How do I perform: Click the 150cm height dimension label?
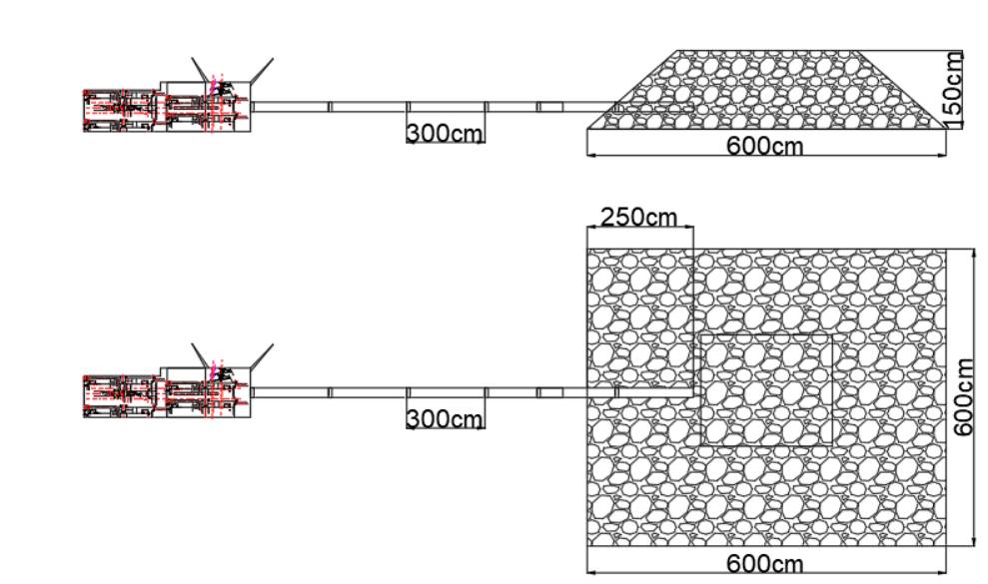[x=954, y=88]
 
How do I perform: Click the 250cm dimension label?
[x=639, y=217]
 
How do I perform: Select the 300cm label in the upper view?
[x=445, y=133]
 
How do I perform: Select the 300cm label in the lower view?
[x=445, y=418]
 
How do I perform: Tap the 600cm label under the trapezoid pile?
[x=765, y=146]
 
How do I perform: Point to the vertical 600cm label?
[x=963, y=396]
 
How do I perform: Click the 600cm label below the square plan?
[x=765, y=564]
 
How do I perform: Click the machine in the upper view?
[x=165, y=109]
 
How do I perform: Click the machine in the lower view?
[x=165, y=393]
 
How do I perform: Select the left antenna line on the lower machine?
[x=201, y=355]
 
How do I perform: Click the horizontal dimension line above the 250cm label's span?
[x=639, y=228]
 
